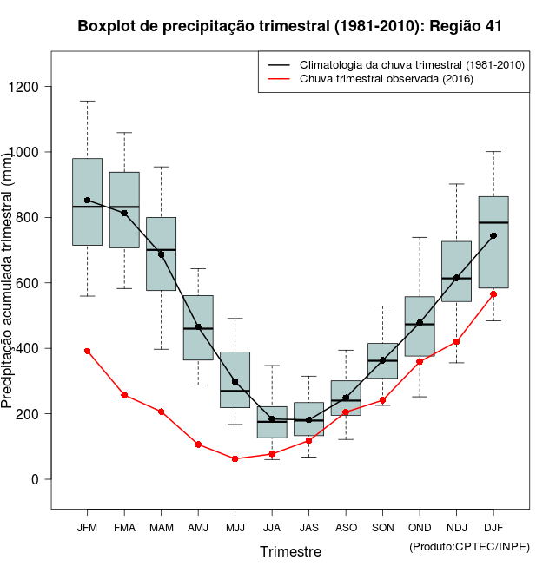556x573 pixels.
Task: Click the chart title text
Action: coord(289,26)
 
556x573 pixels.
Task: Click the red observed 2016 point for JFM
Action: coord(87,351)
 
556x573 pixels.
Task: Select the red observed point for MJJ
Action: coord(235,458)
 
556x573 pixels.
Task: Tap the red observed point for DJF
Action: coord(493,294)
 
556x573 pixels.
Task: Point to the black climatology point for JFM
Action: coord(87,200)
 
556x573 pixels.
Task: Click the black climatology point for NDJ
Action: coord(456,278)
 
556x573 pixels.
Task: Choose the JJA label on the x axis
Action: coord(272,527)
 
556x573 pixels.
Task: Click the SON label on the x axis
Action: coord(382,527)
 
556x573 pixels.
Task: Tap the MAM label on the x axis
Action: coord(161,527)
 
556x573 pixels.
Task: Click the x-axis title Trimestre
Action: coord(290,551)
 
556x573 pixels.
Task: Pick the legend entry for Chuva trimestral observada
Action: coord(386,79)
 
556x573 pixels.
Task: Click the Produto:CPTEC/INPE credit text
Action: coord(469,546)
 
